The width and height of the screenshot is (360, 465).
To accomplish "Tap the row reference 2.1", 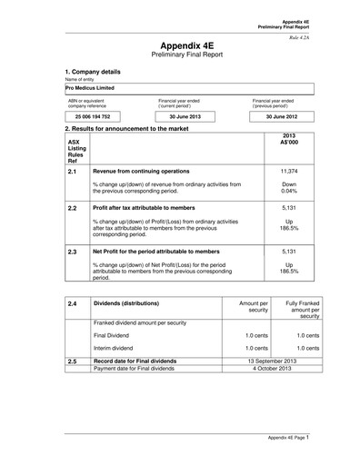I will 73,170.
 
